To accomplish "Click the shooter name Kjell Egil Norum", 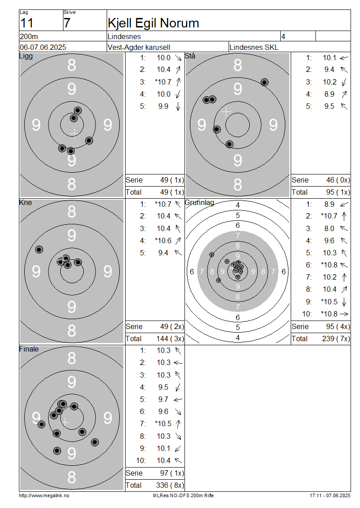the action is (x=153, y=23).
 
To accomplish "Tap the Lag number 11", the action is (x=27, y=23).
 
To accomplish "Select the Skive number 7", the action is (x=67, y=23).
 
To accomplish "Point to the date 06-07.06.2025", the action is (x=43, y=47).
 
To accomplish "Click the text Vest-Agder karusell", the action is (x=139, y=47).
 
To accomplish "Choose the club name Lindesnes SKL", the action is (x=254, y=47).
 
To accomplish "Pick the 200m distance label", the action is (x=29, y=36).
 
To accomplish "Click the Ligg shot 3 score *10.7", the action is (x=163, y=82).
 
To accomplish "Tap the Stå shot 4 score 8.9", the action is (x=329, y=94).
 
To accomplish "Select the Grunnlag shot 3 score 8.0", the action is (x=329, y=228).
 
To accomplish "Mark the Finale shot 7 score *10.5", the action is (x=163, y=423).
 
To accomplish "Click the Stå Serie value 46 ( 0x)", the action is (x=338, y=180).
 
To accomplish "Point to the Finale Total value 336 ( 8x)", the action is (x=170, y=485).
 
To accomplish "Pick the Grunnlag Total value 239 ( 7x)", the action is (x=336, y=339).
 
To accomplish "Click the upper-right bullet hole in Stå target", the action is (x=265, y=82).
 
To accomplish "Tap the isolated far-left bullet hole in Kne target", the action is (x=39, y=250).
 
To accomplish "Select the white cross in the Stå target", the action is (x=226, y=112).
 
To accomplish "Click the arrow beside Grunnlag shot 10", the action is (x=344, y=314).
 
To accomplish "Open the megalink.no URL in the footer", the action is (x=44, y=495).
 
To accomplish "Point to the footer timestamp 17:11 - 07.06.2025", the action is (x=330, y=495).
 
